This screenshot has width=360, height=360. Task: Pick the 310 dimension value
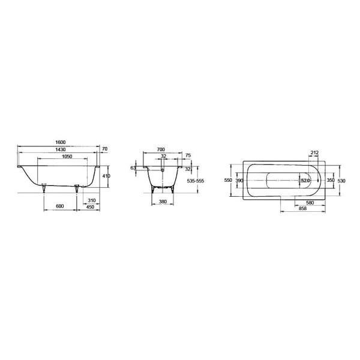pos(92,200)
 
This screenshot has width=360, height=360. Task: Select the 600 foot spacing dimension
pos(60,206)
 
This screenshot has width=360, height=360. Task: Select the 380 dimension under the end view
pos(161,202)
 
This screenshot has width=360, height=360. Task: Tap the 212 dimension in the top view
pos(314,152)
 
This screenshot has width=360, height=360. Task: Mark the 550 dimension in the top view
pos(227,180)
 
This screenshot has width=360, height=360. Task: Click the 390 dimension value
pos(238,180)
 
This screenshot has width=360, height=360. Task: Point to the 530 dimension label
pos(341,180)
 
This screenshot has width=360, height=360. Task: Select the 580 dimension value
pos(310,203)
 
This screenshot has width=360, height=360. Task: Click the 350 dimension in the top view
pos(329,180)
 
